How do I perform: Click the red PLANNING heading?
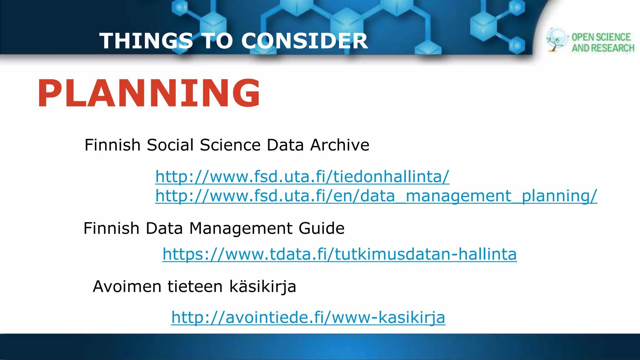(149, 93)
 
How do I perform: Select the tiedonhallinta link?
(302, 177)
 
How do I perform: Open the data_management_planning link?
(376, 196)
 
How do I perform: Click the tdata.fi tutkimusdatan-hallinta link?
(339, 254)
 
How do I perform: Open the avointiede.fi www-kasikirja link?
(308, 317)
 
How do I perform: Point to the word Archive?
(340, 145)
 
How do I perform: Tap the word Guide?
(321, 228)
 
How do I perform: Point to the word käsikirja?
(262, 287)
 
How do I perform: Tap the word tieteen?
(195, 286)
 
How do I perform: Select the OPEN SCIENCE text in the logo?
(601, 37)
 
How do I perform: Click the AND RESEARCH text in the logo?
(603, 48)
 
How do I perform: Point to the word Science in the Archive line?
(230, 145)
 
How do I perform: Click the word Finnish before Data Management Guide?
(111, 228)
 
